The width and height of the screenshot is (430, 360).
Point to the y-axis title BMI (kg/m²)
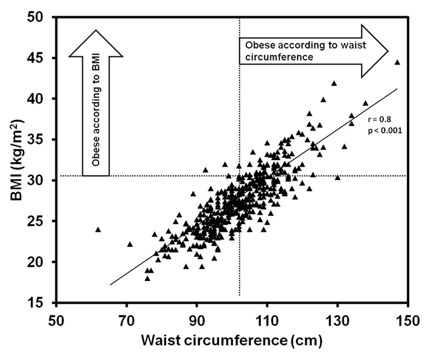click(16, 159)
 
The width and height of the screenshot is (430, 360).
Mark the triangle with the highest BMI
click(397, 62)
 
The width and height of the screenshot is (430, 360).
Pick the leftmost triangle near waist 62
click(98, 229)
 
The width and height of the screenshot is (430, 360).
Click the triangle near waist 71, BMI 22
click(130, 244)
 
